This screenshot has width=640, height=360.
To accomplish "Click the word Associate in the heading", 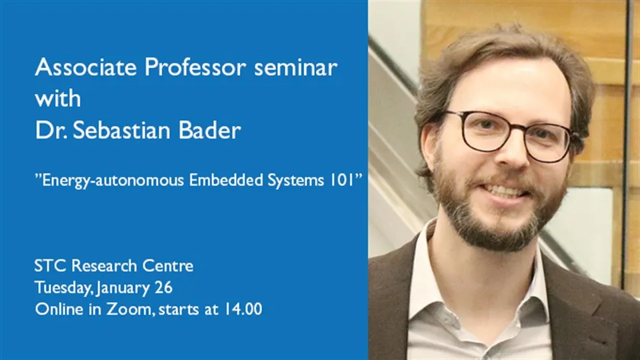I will coord(75,68).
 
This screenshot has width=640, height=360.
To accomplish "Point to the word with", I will coord(57,99).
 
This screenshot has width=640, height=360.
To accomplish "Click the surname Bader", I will coord(207,130).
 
